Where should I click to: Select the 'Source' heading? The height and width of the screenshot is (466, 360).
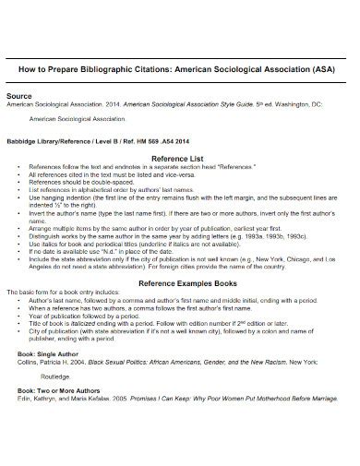point(20,96)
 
